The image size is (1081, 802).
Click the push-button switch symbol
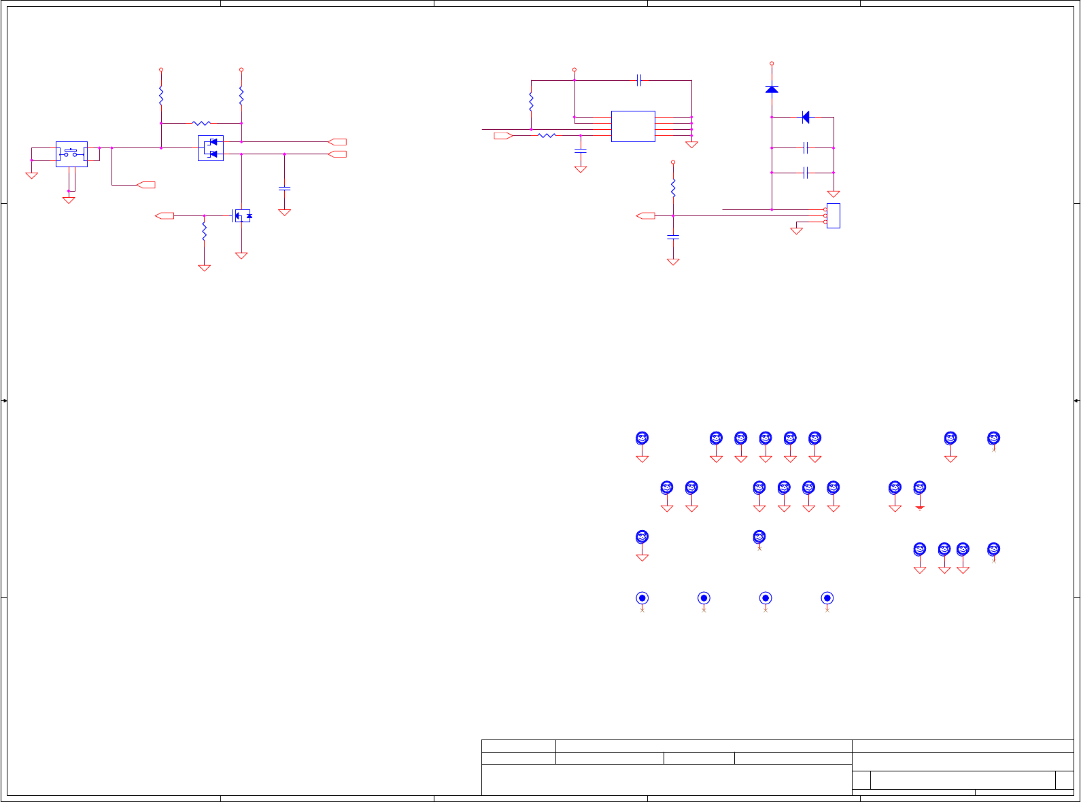coord(71,154)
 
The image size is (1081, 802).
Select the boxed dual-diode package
coord(211,148)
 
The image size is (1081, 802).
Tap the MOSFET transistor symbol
coord(241,216)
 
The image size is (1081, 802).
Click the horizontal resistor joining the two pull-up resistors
coord(201,123)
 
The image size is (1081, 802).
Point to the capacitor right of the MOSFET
coord(284,188)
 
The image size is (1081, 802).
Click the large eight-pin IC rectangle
coord(633,126)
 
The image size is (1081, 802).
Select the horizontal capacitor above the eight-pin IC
coord(639,80)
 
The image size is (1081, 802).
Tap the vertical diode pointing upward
coord(772,89)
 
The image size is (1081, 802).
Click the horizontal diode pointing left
coord(806,117)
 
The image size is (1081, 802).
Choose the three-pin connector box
coord(833,215)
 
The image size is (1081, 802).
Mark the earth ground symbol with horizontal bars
coord(920,508)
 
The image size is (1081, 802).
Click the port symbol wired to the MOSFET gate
coord(165,215)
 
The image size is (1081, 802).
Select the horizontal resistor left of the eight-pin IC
coord(547,136)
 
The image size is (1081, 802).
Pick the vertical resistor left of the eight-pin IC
coord(531,102)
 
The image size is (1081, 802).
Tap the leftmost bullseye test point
coord(642,598)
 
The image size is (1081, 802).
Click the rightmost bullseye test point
coord(827,598)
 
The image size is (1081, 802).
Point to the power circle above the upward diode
coord(772,63)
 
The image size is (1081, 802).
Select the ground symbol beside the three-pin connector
coord(797,231)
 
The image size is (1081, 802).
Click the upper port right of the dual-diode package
coord(337,141)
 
